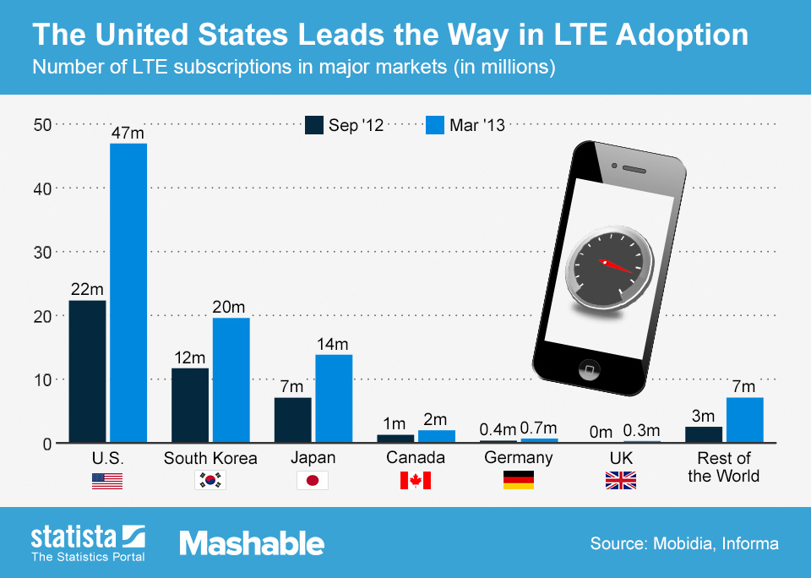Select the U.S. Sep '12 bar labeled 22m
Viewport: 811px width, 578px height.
87,371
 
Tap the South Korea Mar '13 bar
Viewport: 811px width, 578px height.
231,379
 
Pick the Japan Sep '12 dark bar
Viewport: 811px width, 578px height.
292,419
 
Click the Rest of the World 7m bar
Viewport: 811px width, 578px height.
744,420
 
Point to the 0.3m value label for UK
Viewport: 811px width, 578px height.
642,432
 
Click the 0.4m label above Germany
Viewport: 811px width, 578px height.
498,431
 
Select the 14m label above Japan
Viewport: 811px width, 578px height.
333,345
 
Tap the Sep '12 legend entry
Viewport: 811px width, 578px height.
345,125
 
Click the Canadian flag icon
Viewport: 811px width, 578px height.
415,481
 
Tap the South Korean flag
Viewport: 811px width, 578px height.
210,481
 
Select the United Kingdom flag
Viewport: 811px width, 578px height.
620,481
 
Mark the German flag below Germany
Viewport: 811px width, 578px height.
518,481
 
